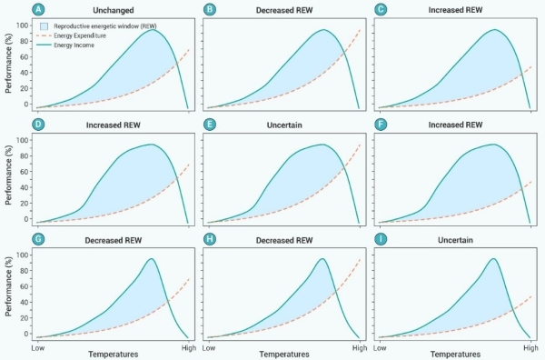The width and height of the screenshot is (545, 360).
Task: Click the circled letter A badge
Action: click(38, 9)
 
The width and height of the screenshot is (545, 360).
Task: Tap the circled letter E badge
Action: click(210, 125)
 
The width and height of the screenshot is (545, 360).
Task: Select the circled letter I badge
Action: click(381, 239)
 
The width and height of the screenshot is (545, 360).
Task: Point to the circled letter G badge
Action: click(38, 239)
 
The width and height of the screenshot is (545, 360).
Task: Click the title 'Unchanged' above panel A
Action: click(114, 10)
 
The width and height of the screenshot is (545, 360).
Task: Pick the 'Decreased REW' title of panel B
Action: click(284, 10)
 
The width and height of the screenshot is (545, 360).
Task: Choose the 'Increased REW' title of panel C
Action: click(455, 10)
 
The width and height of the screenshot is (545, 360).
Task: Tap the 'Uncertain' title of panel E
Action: click(284, 125)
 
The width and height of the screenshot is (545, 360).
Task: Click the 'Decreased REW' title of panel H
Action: click(284, 240)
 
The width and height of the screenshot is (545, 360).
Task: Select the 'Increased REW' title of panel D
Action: click(114, 125)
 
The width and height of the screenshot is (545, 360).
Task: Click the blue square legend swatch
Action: click(45, 26)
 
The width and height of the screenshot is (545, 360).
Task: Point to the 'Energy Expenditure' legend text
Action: click(80, 35)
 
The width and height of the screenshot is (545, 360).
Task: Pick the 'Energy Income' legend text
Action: click(74, 45)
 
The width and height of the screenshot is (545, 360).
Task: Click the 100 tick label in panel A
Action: click(22, 25)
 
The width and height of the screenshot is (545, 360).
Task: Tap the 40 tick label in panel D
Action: click(25, 187)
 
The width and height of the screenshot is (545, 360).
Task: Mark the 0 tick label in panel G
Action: click(26, 334)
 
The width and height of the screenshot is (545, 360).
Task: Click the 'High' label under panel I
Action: click(530, 348)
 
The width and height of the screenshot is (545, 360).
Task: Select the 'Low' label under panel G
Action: click(38, 348)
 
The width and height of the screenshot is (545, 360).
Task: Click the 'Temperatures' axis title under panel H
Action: click(284, 355)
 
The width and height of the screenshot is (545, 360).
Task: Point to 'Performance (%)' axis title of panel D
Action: click(9, 175)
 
